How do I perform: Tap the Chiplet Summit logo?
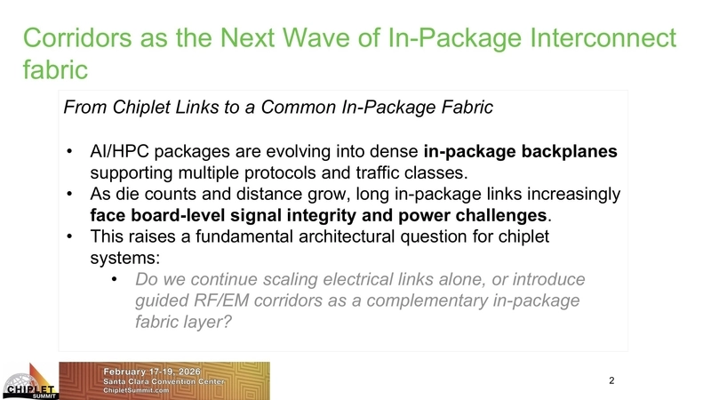click(x=29, y=380)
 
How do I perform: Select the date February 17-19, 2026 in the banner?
click(x=154, y=369)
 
